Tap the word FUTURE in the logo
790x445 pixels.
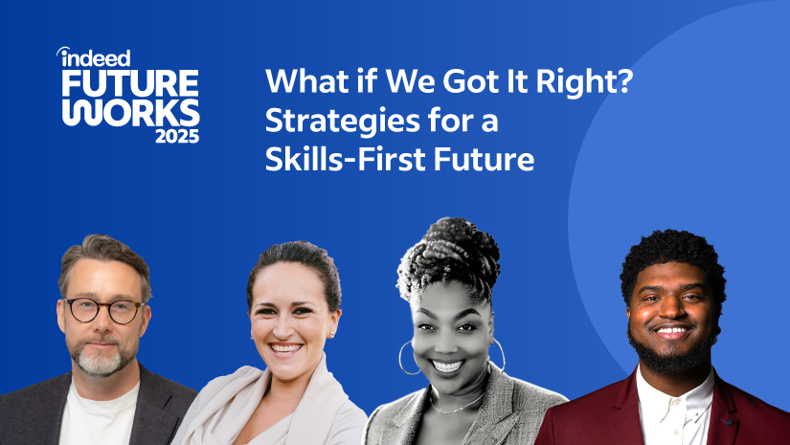coord(130,84)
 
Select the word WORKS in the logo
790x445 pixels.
coord(130,112)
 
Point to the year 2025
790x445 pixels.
coord(177,137)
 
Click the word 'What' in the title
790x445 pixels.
coord(297,83)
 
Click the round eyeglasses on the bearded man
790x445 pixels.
coord(105,310)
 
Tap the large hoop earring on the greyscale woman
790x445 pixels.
coord(407,356)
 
